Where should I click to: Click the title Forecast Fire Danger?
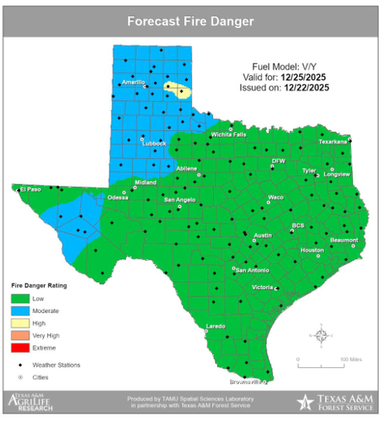[x=190, y=22]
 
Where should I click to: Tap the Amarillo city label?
[x=133, y=82]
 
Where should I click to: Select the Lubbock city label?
[x=154, y=144]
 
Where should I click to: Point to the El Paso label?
[x=30, y=189]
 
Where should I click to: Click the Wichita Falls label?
[x=229, y=134]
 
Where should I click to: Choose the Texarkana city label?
[x=333, y=142]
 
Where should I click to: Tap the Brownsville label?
[x=245, y=382]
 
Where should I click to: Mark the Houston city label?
[x=312, y=250]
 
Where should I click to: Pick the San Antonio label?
[x=253, y=270]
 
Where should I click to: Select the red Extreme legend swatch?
[x=20, y=347]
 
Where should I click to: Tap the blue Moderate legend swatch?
[x=20, y=311]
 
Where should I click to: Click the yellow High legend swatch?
[x=20, y=323]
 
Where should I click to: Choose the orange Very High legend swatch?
[x=20, y=335]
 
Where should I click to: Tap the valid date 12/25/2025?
[x=303, y=77]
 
